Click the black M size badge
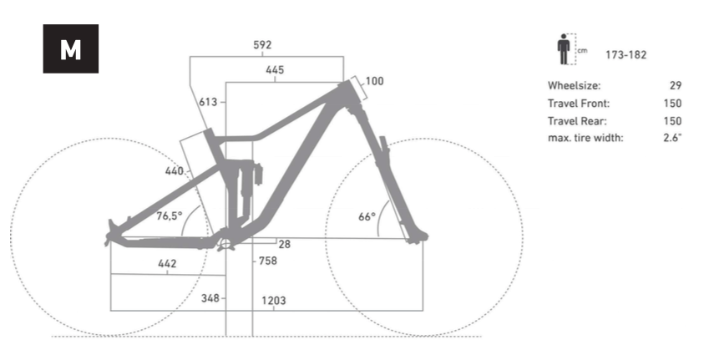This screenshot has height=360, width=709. click(x=70, y=48)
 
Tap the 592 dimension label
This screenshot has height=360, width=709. click(x=262, y=45)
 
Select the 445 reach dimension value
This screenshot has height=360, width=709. click(x=275, y=69)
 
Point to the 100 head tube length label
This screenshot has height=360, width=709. click(x=374, y=81)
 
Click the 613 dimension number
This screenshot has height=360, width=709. click(x=208, y=102)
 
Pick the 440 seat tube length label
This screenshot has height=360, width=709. click(x=174, y=171)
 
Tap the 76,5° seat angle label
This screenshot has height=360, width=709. click(x=170, y=215)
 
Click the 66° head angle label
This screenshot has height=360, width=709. click(x=367, y=216)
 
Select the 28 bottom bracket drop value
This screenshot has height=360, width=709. click(x=285, y=244)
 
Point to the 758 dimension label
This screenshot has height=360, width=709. click(x=268, y=261)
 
